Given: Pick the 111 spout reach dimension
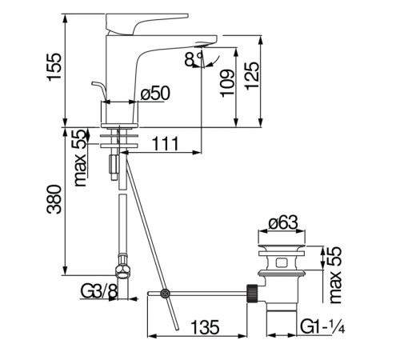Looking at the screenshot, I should tap(165, 143).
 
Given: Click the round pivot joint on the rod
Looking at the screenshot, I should tap(165, 294).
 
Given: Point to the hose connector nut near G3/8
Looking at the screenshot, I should tap(122, 264).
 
